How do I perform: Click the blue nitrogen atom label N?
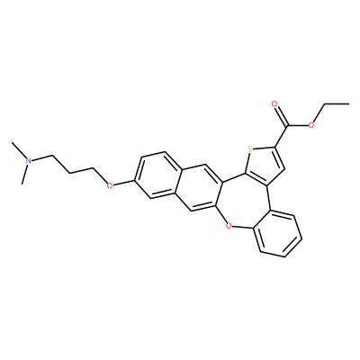coord(28,160)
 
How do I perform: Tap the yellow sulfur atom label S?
coord(250,148)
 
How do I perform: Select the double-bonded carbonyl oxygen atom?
coord(274,104)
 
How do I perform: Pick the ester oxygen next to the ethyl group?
coord(311,125)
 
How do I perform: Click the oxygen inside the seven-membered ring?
coord(229,223)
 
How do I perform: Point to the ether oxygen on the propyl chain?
coord(110,185)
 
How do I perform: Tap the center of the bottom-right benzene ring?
coord(277,233)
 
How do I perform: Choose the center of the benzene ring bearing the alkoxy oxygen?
coord(156,175)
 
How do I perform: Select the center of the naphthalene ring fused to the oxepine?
coord(199,187)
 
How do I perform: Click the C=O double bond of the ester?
coord(281,115)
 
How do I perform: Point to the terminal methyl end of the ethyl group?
coord(348,103)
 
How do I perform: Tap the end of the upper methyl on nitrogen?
coord(12,143)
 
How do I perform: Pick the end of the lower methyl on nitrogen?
coord(22,184)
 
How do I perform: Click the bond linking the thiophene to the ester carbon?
coord(282,136)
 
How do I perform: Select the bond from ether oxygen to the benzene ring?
coord(124,184)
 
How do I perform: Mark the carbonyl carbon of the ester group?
coord(288,125)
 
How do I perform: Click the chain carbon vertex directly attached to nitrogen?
coord(52,156)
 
